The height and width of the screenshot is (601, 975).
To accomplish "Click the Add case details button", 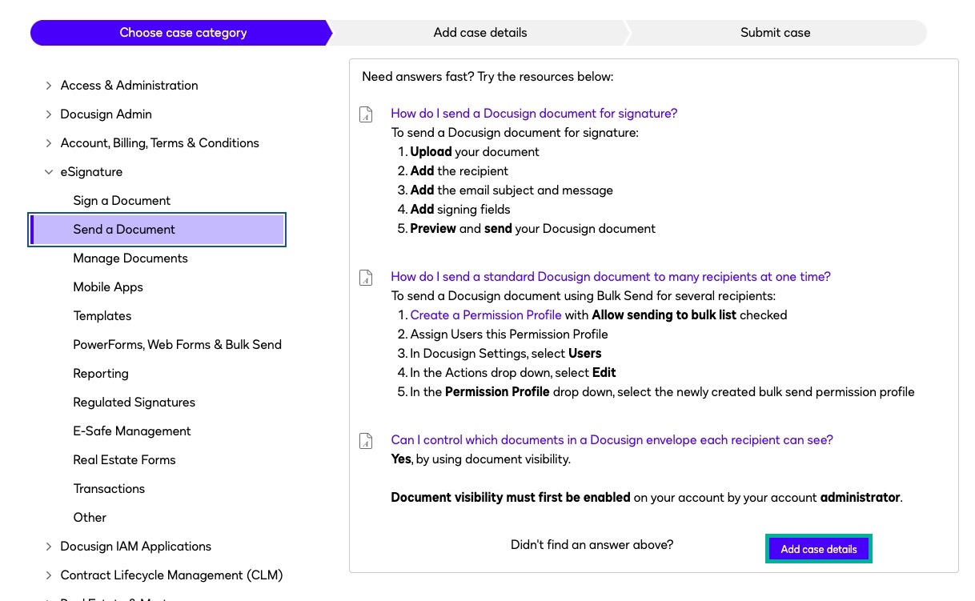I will coord(818,549).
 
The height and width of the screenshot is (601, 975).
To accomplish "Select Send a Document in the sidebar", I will coord(124,230).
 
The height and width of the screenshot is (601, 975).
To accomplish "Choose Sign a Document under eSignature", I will coord(122,201).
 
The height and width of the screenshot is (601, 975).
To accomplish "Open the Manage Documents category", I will coord(130,258).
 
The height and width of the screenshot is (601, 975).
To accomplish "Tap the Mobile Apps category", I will coord(108,287).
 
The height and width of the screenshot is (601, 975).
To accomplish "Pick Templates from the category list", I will coord(102,316).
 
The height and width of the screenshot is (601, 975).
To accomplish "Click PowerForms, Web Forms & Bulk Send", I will coord(177,345).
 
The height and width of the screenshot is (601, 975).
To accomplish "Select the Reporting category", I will coord(101,374).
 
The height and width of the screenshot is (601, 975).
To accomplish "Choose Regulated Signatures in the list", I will coord(134,403).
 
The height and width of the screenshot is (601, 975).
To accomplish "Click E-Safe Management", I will coord(132,431).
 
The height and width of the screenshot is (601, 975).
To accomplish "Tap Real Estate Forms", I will coord(124,460).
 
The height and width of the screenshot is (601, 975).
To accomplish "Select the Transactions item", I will coord(109,489).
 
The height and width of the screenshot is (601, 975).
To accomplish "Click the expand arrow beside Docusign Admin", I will coord(49,114).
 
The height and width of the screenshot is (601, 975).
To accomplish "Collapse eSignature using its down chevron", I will coord(49,172).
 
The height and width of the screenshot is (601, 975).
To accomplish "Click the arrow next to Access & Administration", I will coord(49,86).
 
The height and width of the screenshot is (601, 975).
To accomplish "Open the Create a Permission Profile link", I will coord(486,315).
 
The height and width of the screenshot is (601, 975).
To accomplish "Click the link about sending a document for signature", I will coord(534,114).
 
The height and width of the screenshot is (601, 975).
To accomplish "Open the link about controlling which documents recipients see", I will coord(612,440).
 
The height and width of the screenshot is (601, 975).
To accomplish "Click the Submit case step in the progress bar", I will coord(775,33).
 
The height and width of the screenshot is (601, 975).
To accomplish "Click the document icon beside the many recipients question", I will coord(366,278).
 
